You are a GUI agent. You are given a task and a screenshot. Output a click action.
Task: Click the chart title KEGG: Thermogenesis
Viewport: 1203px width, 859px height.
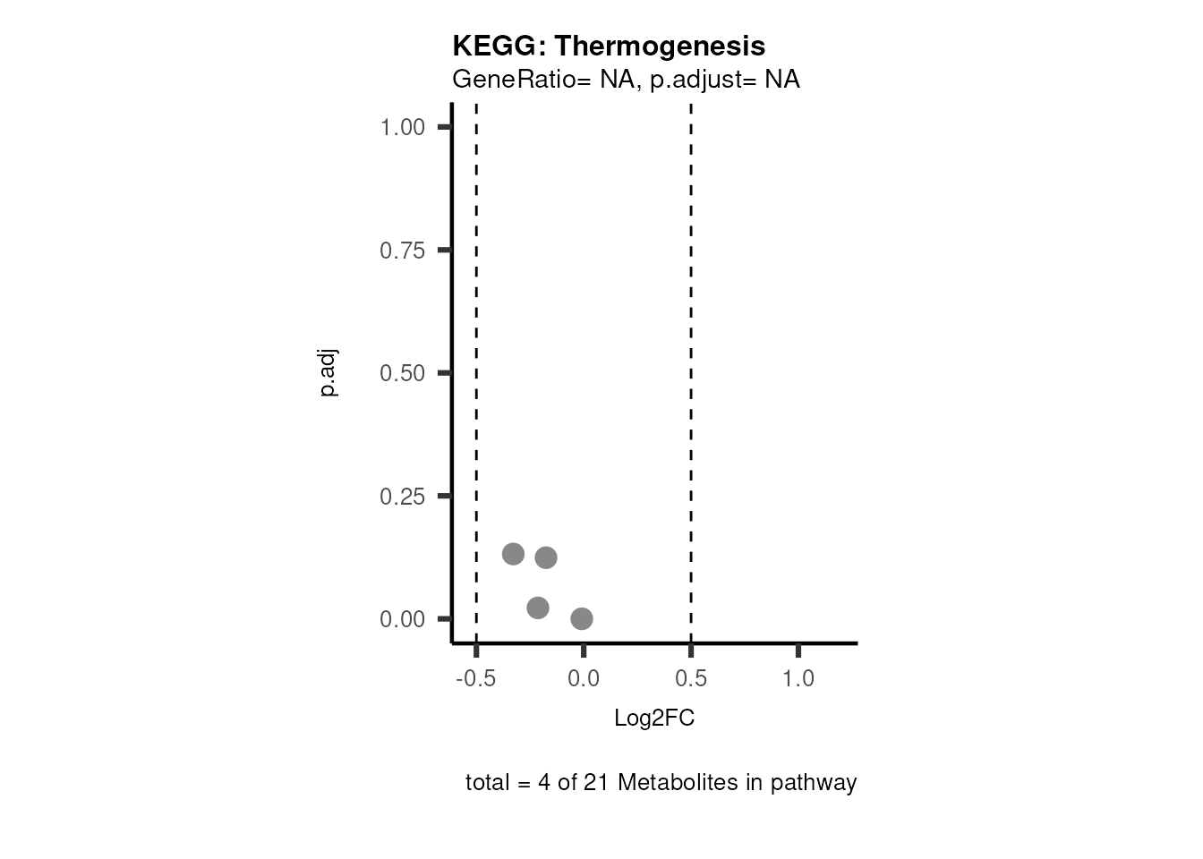pos(609,46)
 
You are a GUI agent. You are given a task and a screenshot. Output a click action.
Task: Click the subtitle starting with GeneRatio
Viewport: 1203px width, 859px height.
pos(626,80)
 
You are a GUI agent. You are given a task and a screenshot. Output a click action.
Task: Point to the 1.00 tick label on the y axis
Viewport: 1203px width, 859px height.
pos(402,127)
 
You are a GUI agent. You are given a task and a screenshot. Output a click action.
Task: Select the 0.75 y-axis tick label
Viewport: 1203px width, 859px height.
pos(402,251)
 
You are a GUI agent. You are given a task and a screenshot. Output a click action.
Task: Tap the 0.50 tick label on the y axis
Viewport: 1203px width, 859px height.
pos(402,373)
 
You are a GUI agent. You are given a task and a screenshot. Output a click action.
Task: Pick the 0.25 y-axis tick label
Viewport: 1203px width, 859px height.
pos(402,496)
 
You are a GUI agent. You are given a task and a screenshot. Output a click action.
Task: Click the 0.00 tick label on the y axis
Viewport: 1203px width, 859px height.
pos(402,619)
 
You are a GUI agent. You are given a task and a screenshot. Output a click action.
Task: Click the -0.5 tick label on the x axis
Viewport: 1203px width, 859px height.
pos(476,679)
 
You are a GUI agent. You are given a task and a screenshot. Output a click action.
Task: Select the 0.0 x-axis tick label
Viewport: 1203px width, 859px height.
pos(584,679)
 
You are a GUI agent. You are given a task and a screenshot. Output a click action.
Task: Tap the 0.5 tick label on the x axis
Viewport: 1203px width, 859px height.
pos(691,679)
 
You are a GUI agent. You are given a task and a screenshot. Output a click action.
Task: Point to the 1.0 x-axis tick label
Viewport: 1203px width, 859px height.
pos(798,679)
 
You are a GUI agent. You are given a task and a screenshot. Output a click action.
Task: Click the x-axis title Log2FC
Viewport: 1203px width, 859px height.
pos(654,719)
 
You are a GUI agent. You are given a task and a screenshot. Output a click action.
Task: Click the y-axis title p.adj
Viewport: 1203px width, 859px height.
pos(328,373)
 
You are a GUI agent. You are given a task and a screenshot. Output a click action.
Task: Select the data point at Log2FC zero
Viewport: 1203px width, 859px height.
pos(582,618)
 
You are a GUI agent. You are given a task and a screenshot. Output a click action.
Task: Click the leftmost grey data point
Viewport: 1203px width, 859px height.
pos(513,554)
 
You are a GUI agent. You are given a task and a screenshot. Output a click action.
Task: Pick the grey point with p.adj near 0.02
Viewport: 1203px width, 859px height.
pos(538,608)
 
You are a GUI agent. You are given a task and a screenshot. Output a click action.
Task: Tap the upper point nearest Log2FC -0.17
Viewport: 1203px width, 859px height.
pos(546,557)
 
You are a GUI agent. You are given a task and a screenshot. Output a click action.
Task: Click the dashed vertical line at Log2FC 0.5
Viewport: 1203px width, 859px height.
pos(691,358)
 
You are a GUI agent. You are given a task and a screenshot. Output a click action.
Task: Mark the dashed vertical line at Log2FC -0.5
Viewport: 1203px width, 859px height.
pos(476,358)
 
